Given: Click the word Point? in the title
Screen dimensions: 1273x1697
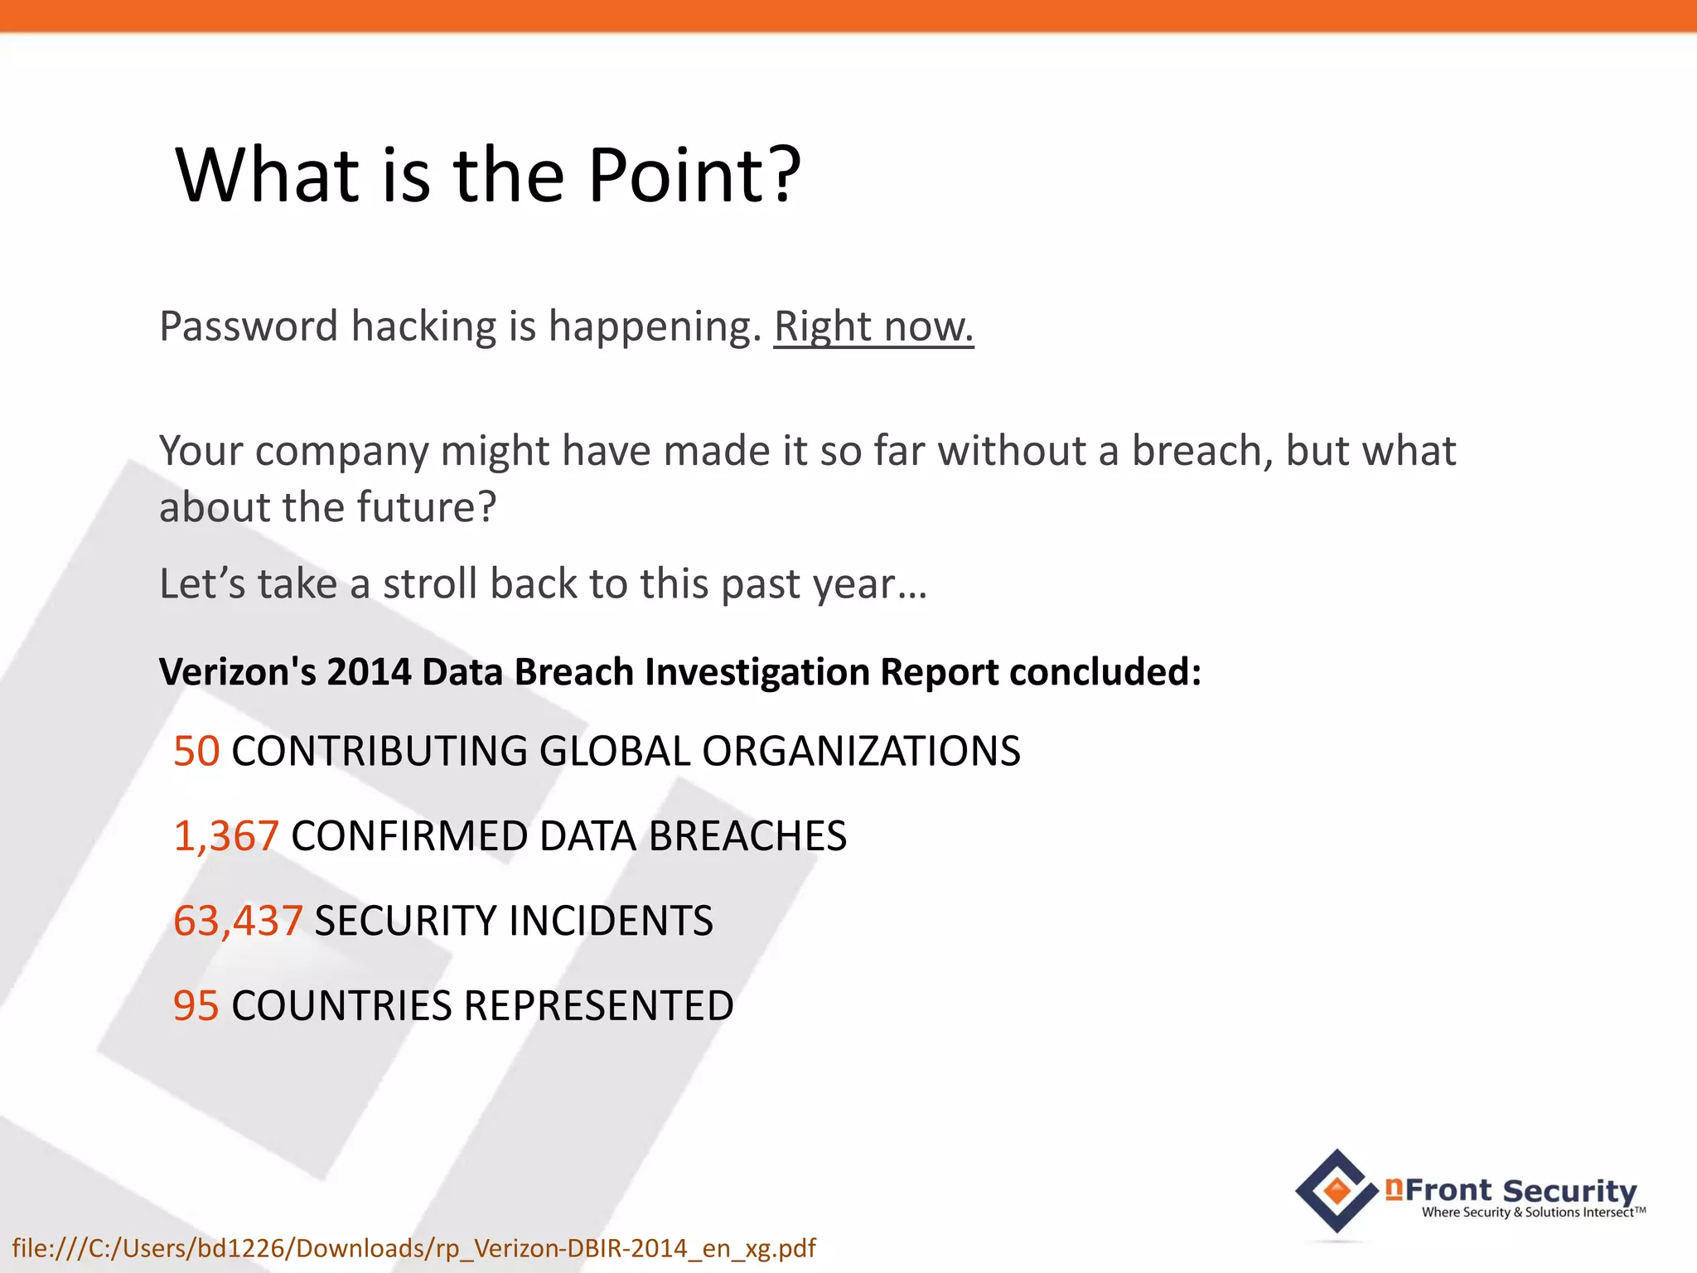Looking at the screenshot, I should point(694,175).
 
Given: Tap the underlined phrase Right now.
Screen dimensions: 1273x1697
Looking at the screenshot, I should point(873,327).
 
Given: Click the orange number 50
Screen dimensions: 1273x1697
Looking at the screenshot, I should point(196,752).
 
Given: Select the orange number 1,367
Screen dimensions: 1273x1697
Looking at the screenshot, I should point(226,836).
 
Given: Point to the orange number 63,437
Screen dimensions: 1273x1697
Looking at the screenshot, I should point(238,921).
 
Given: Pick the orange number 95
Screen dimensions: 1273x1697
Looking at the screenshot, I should point(196,1006).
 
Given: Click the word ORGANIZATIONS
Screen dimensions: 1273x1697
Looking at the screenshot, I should point(861,752).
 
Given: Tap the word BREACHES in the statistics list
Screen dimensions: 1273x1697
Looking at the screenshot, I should point(747,836).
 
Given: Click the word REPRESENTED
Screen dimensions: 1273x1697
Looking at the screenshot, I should point(598,1006).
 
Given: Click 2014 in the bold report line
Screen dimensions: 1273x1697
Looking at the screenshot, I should point(369,672).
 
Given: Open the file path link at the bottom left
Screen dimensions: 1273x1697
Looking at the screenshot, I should point(413,1248).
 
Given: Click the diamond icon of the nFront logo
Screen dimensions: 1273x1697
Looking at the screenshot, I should point(1337,1192).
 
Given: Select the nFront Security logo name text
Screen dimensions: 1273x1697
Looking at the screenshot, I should point(1513,1190).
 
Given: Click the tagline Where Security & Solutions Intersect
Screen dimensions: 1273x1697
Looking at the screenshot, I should point(1532,1212).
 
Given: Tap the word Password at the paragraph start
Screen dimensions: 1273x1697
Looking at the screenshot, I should point(249,327).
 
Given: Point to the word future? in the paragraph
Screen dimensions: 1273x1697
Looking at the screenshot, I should point(433,507).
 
